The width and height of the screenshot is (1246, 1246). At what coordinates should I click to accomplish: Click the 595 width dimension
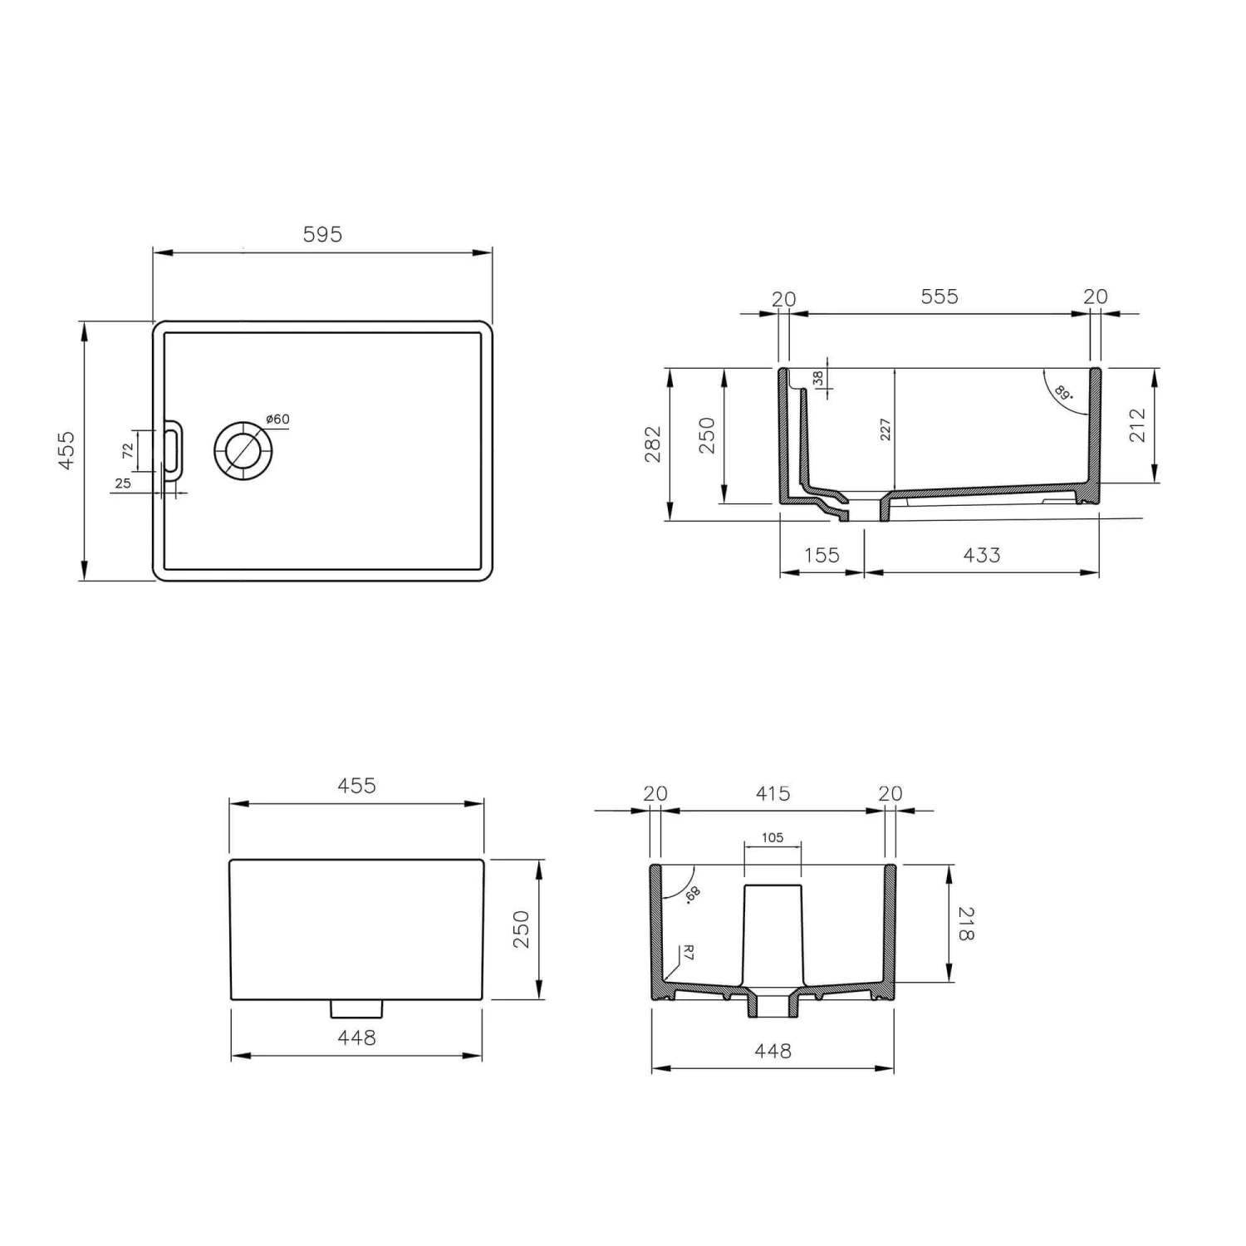(322, 235)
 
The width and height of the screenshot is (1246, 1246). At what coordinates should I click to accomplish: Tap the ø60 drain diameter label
(278, 419)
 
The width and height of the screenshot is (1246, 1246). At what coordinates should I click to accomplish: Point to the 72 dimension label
(127, 451)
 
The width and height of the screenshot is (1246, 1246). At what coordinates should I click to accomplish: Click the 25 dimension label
(123, 483)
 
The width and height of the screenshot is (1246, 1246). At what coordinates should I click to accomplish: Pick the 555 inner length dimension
(939, 297)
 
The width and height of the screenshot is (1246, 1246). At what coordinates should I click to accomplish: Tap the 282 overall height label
(654, 444)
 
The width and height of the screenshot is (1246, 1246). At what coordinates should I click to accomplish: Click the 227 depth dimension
(885, 429)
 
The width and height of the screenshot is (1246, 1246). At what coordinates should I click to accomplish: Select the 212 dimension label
(1137, 425)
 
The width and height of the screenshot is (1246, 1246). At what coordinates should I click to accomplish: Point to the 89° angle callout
(1063, 392)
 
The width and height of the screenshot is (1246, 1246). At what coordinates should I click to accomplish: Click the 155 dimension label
(822, 555)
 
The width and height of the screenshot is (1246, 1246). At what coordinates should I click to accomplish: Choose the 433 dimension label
(981, 555)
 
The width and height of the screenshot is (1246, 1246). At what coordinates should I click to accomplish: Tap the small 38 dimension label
(819, 379)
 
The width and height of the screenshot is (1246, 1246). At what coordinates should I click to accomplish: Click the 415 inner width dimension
(773, 794)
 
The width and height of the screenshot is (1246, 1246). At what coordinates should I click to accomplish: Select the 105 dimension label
(773, 838)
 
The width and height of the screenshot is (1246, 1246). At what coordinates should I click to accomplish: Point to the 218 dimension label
(965, 924)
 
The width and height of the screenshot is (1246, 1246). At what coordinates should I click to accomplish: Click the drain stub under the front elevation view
(356, 1008)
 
